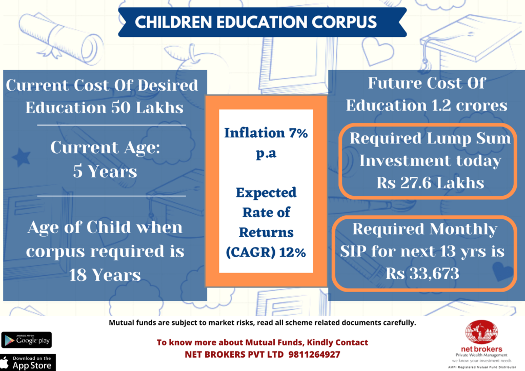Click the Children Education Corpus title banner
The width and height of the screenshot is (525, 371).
(255, 23)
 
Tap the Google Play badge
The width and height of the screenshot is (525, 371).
(27, 340)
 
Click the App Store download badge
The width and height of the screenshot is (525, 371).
(27, 362)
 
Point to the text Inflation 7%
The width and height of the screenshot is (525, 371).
(266, 133)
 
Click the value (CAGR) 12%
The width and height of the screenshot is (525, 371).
(266, 252)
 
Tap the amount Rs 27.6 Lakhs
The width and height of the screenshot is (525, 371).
(430, 183)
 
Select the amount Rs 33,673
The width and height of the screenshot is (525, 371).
(422, 273)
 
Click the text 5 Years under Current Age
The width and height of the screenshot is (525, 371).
(105, 171)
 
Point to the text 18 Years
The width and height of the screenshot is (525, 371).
(105, 275)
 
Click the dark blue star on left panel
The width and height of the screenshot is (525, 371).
(21, 157)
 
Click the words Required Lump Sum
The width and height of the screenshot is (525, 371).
(430, 138)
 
